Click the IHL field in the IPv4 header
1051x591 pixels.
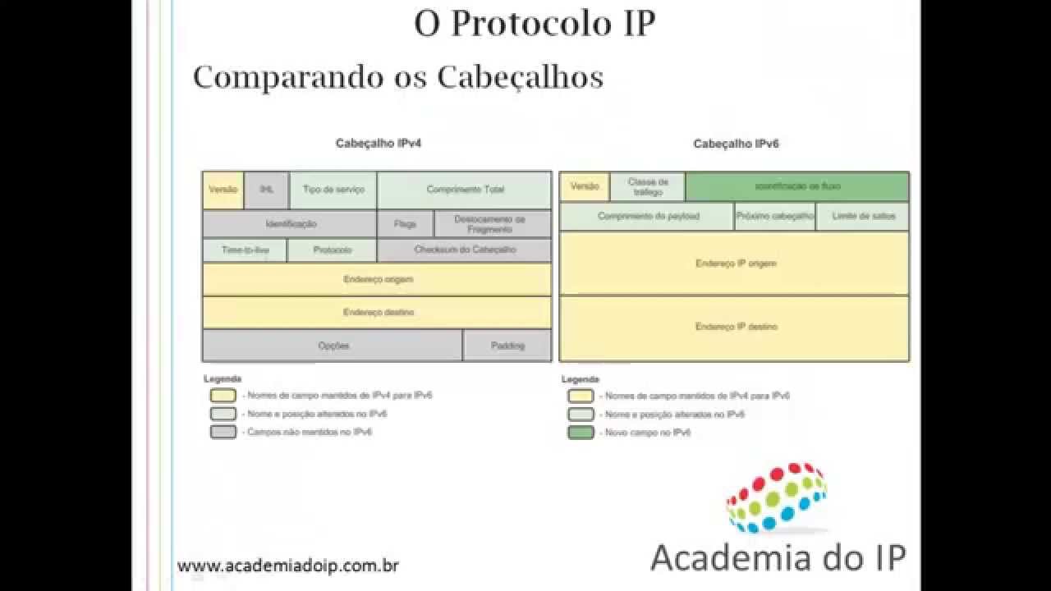(266, 190)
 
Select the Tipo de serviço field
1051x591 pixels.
(333, 190)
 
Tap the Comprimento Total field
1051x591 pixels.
(465, 190)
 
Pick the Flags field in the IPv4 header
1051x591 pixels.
(405, 223)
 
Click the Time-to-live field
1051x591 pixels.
(245, 250)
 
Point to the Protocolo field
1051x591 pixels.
(333, 250)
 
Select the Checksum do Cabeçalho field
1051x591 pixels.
(465, 250)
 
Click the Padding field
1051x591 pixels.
(507, 346)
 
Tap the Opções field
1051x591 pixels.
(333, 346)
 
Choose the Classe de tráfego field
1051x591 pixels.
(648, 186)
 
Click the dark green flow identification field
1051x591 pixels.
(797, 186)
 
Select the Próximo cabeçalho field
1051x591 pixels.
(774, 217)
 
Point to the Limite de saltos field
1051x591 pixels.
(862, 217)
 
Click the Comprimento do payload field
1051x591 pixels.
(647, 217)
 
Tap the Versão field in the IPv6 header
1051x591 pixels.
(585, 186)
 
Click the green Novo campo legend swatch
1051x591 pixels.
(581, 432)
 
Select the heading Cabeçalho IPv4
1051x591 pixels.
(373, 143)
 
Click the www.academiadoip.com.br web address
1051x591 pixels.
(288, 566)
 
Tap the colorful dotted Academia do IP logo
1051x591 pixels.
(776, 496)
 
